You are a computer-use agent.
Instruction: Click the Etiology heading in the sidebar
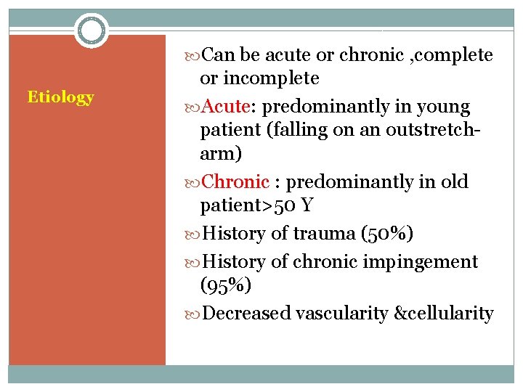click(60, 97)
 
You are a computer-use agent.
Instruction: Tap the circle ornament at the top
click(92, 30)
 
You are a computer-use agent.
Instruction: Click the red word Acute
click(225, 107)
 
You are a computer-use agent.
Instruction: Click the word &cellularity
click(443, 314)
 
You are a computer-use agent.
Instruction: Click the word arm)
click(221, 155)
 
